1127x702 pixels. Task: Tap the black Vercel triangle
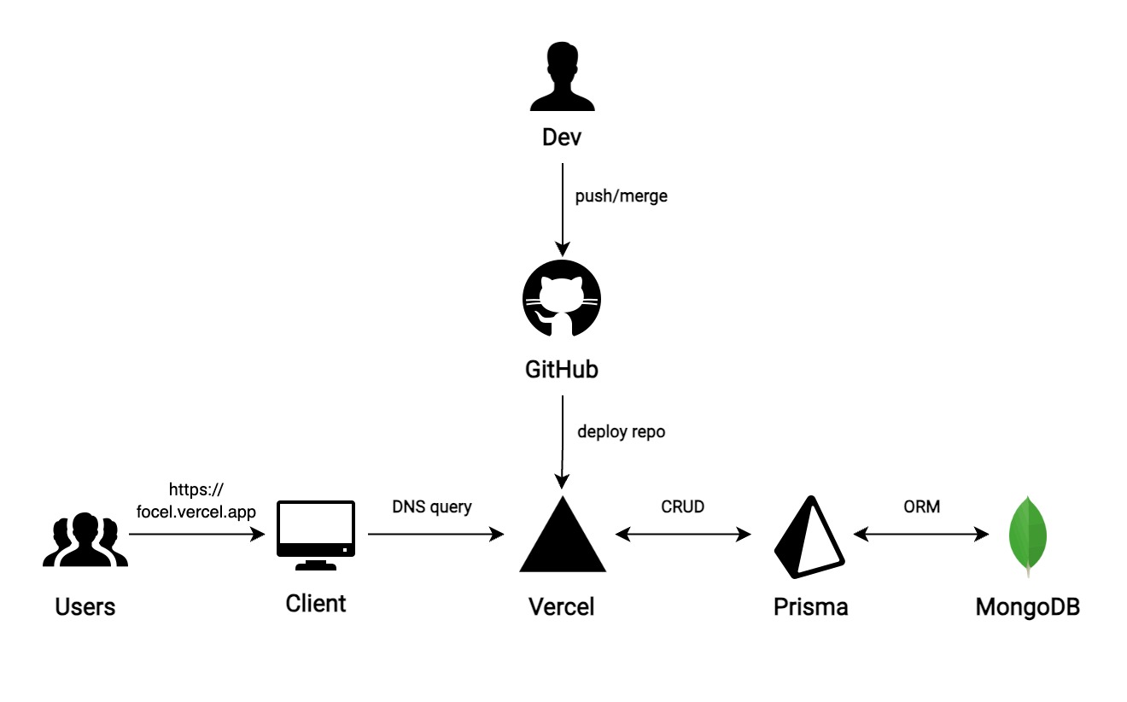[x=563, y=535]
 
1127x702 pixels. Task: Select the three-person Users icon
[x=85, y=540]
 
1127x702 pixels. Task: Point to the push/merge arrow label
[x=621, y=196]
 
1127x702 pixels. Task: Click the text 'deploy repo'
[x=621, y=431]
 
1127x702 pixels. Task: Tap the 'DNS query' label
[x=431, y=506]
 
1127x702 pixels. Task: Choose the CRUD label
[x=683, y=506]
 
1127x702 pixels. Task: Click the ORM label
[x=921, y=506]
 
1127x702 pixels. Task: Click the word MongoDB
[x=1028, y=607]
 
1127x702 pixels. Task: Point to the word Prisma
[x=810, y=607]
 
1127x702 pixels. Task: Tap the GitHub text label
[x=561, y=370]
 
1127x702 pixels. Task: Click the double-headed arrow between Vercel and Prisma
[x=683, y=535]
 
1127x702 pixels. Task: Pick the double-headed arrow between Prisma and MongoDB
[x=921, y=535]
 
